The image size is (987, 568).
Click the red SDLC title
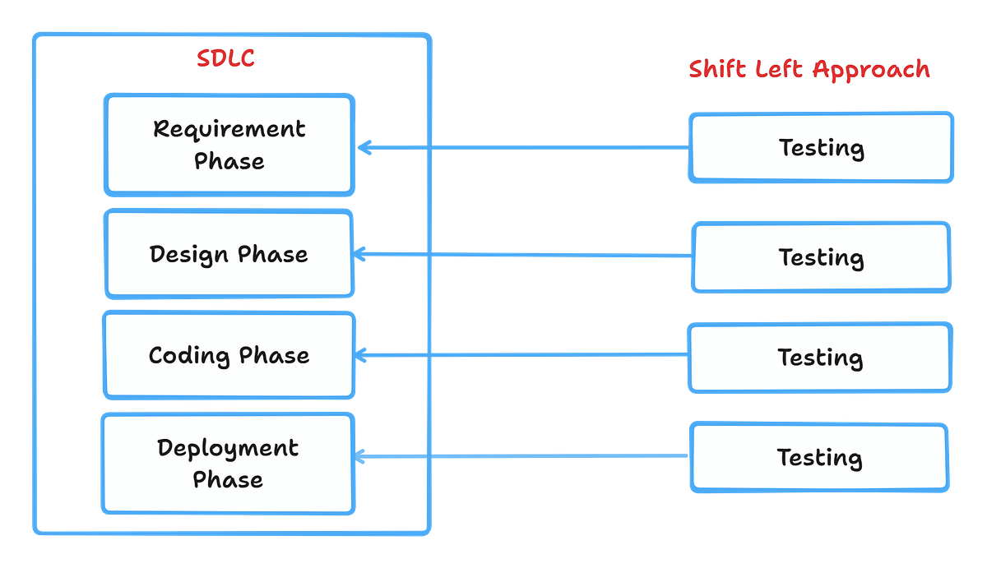point(225,59)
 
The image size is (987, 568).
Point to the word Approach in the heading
point(872,70)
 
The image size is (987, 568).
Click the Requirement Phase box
point(229,145)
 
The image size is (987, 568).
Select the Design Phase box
point(229,254)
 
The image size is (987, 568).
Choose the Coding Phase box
point(229,355)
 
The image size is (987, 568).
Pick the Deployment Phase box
point(228,464)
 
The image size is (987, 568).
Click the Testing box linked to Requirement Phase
point(821,148)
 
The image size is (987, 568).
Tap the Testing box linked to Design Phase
point(821,257)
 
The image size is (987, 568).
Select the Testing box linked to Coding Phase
point(820,358)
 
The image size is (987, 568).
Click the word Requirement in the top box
point(229,129)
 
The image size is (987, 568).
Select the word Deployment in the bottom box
point(228,448)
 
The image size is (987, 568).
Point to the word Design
point(188,255)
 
